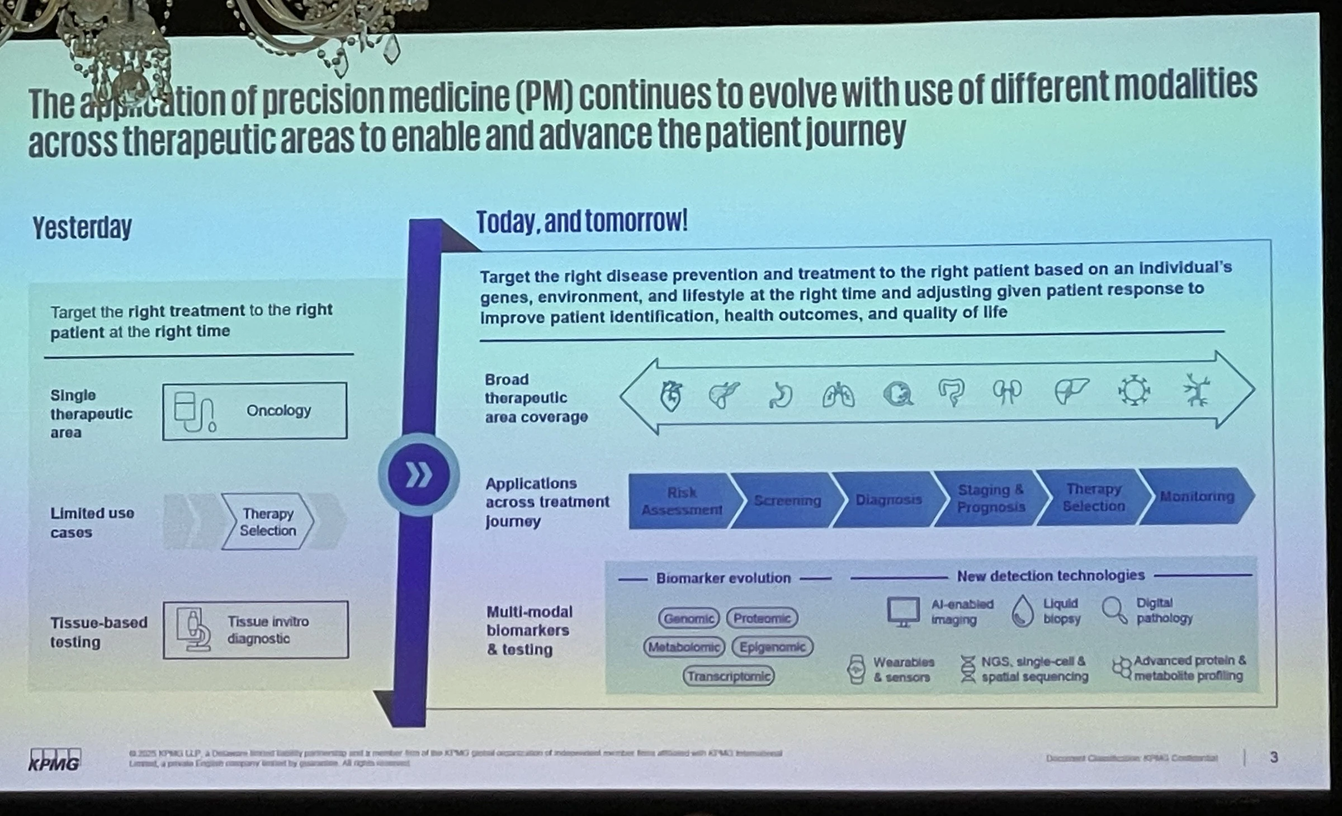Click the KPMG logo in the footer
tap(55, 760)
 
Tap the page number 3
tap(1274, 757)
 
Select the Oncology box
tap(254, 411)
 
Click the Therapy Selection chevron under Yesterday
tap(267, 522)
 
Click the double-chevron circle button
tap(418, 476)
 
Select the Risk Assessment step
tap(681, 501)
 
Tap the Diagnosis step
tap(888, 500)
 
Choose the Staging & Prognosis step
tap(990, 499)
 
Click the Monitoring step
tap(1197, 496)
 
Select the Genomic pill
tap(688, 618)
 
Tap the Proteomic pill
tap(762, 618)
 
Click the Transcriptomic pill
tap(729, 676)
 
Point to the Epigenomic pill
tap(772, 647)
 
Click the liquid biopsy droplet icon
tap(1023, 611)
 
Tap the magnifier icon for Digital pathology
tap(1114, 610)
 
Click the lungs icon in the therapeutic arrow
tap(838, 396)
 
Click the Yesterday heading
tap(82, 228)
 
